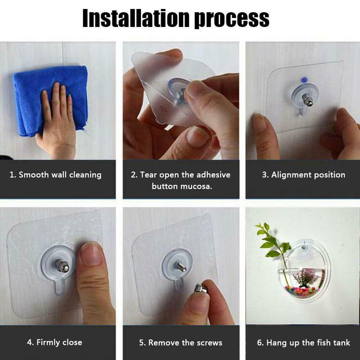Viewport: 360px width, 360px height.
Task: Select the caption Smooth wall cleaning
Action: pos(55,175)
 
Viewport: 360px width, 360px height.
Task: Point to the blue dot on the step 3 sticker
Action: pos(304,80)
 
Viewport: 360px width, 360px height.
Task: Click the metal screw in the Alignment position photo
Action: pos(307,99)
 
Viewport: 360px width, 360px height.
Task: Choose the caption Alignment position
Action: pos(303,175)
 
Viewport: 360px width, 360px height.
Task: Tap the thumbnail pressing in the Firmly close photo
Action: pos(91,254)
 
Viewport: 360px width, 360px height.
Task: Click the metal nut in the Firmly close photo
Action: pos(62,265)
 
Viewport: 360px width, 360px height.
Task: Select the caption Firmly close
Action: pos(54,342)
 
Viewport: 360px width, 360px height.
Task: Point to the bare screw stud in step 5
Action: pos(181,267)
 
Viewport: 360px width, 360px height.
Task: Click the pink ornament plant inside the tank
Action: pos(306,277)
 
